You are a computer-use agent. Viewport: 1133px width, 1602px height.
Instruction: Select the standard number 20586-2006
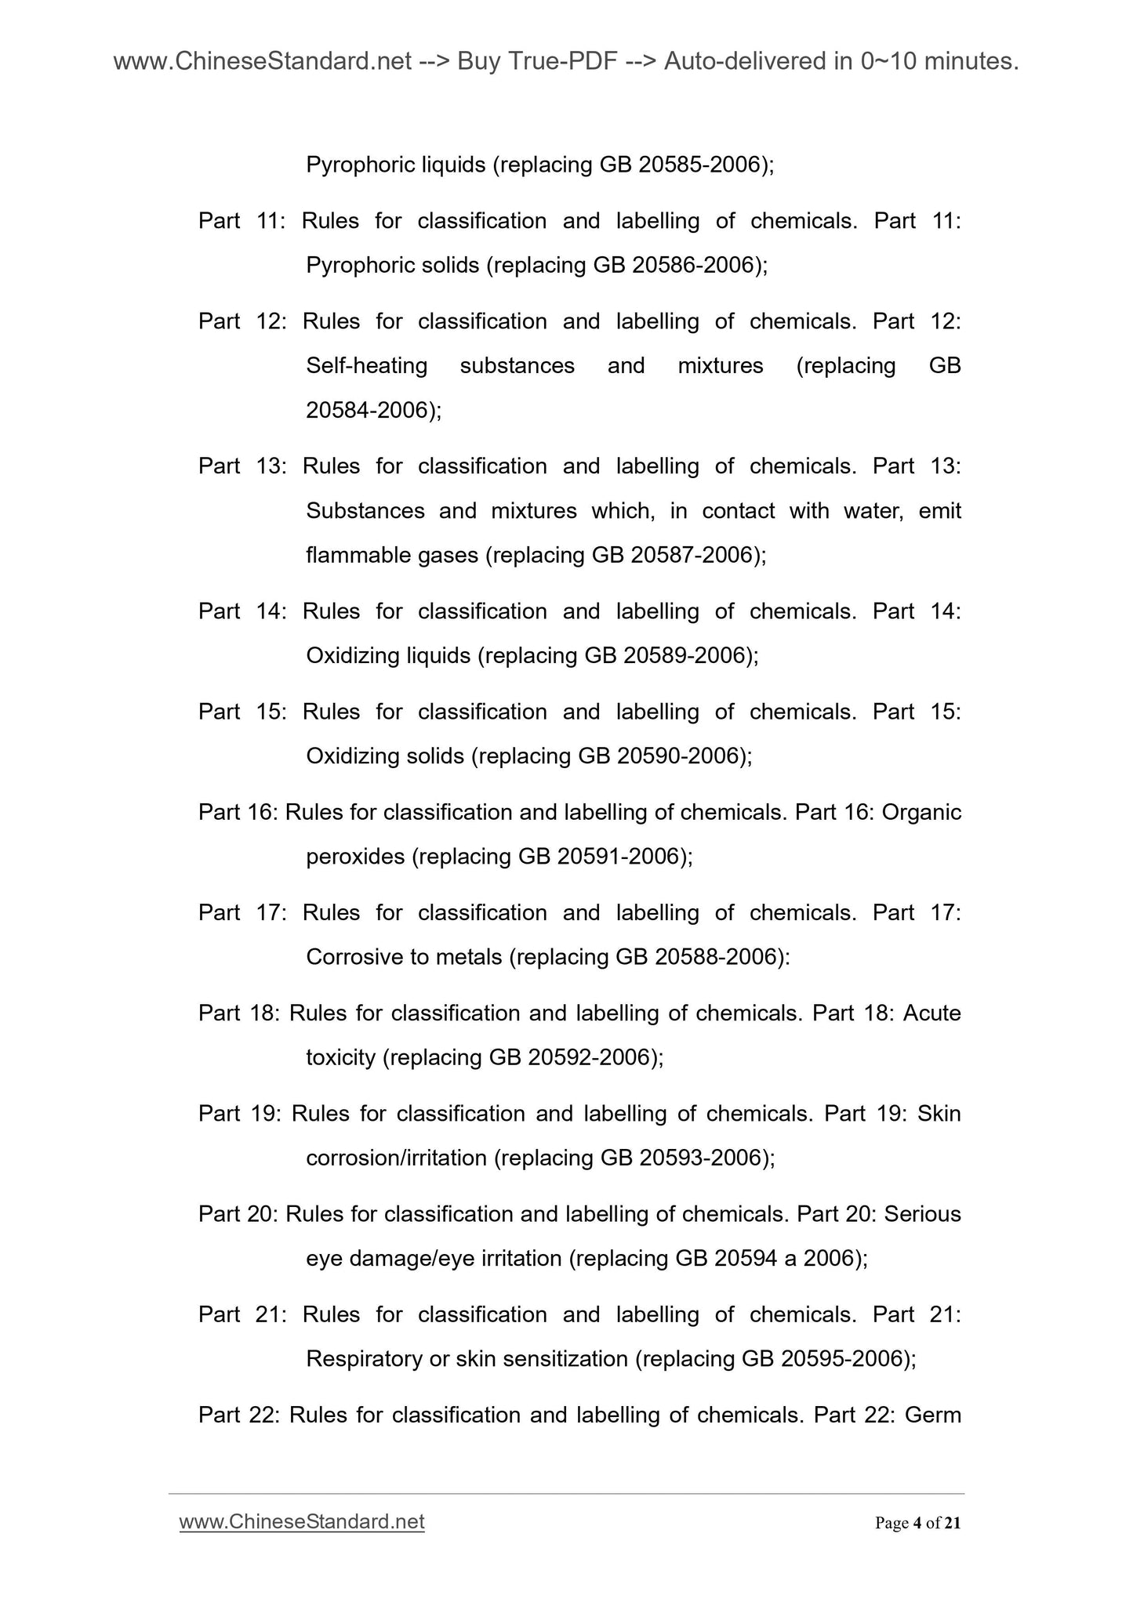point(693,266)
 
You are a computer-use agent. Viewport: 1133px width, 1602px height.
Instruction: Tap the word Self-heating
point(366,366)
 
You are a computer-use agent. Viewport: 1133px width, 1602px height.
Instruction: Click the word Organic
point(921,813)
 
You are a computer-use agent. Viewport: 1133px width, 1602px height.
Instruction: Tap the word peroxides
point(354,857)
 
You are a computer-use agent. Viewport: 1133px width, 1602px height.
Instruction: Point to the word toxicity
point(340,1058)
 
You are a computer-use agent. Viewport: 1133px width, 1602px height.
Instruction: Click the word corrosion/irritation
point(396,1158)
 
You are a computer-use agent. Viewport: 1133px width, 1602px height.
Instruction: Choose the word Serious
point(922,1215)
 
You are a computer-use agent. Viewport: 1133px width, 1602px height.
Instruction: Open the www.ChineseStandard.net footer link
point(302,1522)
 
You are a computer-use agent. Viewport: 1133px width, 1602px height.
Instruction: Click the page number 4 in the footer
point(917,1524)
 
